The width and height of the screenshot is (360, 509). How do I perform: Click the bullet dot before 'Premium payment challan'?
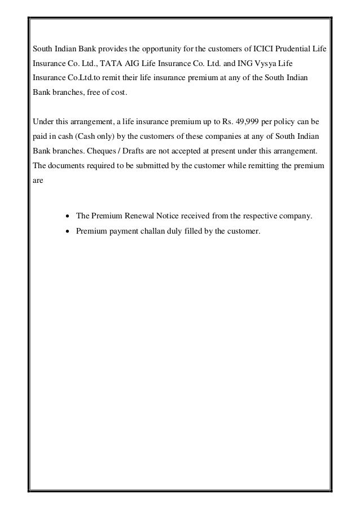tap(68, 231)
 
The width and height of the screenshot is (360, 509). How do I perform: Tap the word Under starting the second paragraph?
tap(43, 121)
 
